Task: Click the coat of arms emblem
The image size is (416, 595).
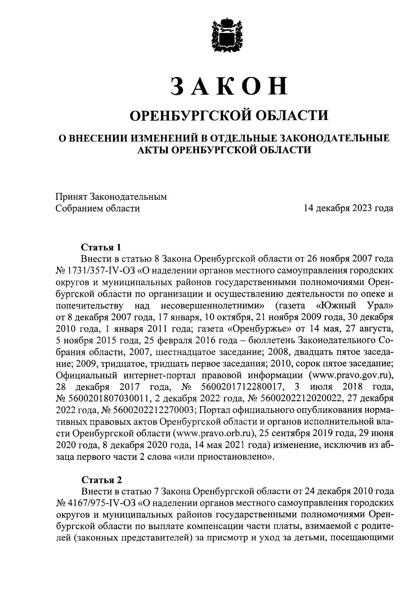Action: point(225,34)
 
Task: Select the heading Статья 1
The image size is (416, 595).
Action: point(101,247)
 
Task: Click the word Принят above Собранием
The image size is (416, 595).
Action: point(71,197)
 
